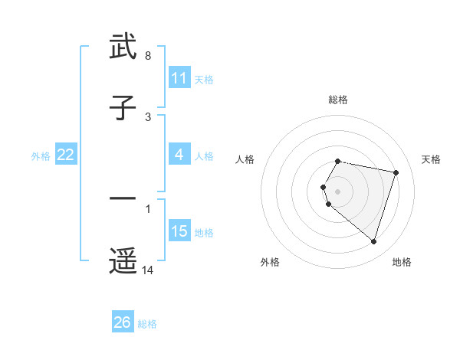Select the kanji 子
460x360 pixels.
click(123, 109)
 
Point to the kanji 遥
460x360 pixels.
click(123, 260)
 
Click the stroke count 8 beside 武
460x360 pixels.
click(148, 56)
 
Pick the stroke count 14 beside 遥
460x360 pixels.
click(148, 270)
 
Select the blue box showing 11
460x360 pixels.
click(179, 78)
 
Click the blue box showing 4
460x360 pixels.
click(179, 155)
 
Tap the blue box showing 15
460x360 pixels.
click(179, 231)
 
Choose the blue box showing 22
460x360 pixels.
click(66, 155)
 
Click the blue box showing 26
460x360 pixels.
click(123, 322)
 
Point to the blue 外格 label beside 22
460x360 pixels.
click(41, 155)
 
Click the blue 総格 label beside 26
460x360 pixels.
click(147, 323)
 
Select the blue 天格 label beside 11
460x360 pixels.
click(204, 79)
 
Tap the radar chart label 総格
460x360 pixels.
click(338, 100)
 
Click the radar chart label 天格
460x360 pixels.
click(432, 159)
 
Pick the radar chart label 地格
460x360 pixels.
click(402, 262)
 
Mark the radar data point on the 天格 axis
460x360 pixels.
click(396, 173)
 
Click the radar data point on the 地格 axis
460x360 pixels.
click(374, 242)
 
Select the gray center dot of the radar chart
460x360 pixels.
click(338, 191)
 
